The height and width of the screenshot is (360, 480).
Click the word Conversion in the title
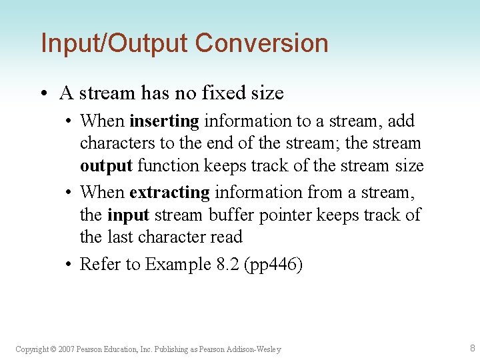pyautogui.click(x=261, y=43)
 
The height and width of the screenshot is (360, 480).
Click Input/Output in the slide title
pyautogui.click(x=115, y=43)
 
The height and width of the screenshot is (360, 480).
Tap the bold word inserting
pyautogui.click(x=164, y=121)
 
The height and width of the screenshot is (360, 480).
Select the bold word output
pyautogui.click(x=106, y=165)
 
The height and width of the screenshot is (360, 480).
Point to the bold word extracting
pyautogui.click(x=169, y=193)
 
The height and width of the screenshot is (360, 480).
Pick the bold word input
pyautogui.click(x=127, y=215)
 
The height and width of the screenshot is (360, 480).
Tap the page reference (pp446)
pyautogui.click(x=273, y=265)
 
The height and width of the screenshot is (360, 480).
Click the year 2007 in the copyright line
pyautogui.click(x=66, y=349)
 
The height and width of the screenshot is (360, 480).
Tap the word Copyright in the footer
pyautogui.click(x=31, y=349)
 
